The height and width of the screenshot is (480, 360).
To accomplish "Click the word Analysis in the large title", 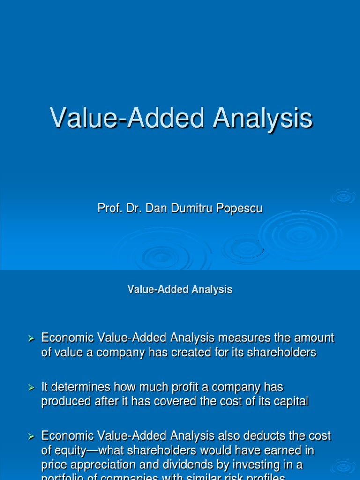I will point(262,118).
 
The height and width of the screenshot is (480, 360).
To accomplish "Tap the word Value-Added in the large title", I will point(127,118).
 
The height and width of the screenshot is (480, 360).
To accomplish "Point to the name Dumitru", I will point(189,208).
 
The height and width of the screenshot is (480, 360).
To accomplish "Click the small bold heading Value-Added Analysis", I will point(180,290).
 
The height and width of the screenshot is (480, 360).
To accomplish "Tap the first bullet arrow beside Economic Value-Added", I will point(31,338).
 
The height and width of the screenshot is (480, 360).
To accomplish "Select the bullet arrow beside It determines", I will point(31,388).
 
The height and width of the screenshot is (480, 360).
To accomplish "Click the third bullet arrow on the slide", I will point(31,437).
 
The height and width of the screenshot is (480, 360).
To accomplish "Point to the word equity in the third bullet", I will point(68,451).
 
